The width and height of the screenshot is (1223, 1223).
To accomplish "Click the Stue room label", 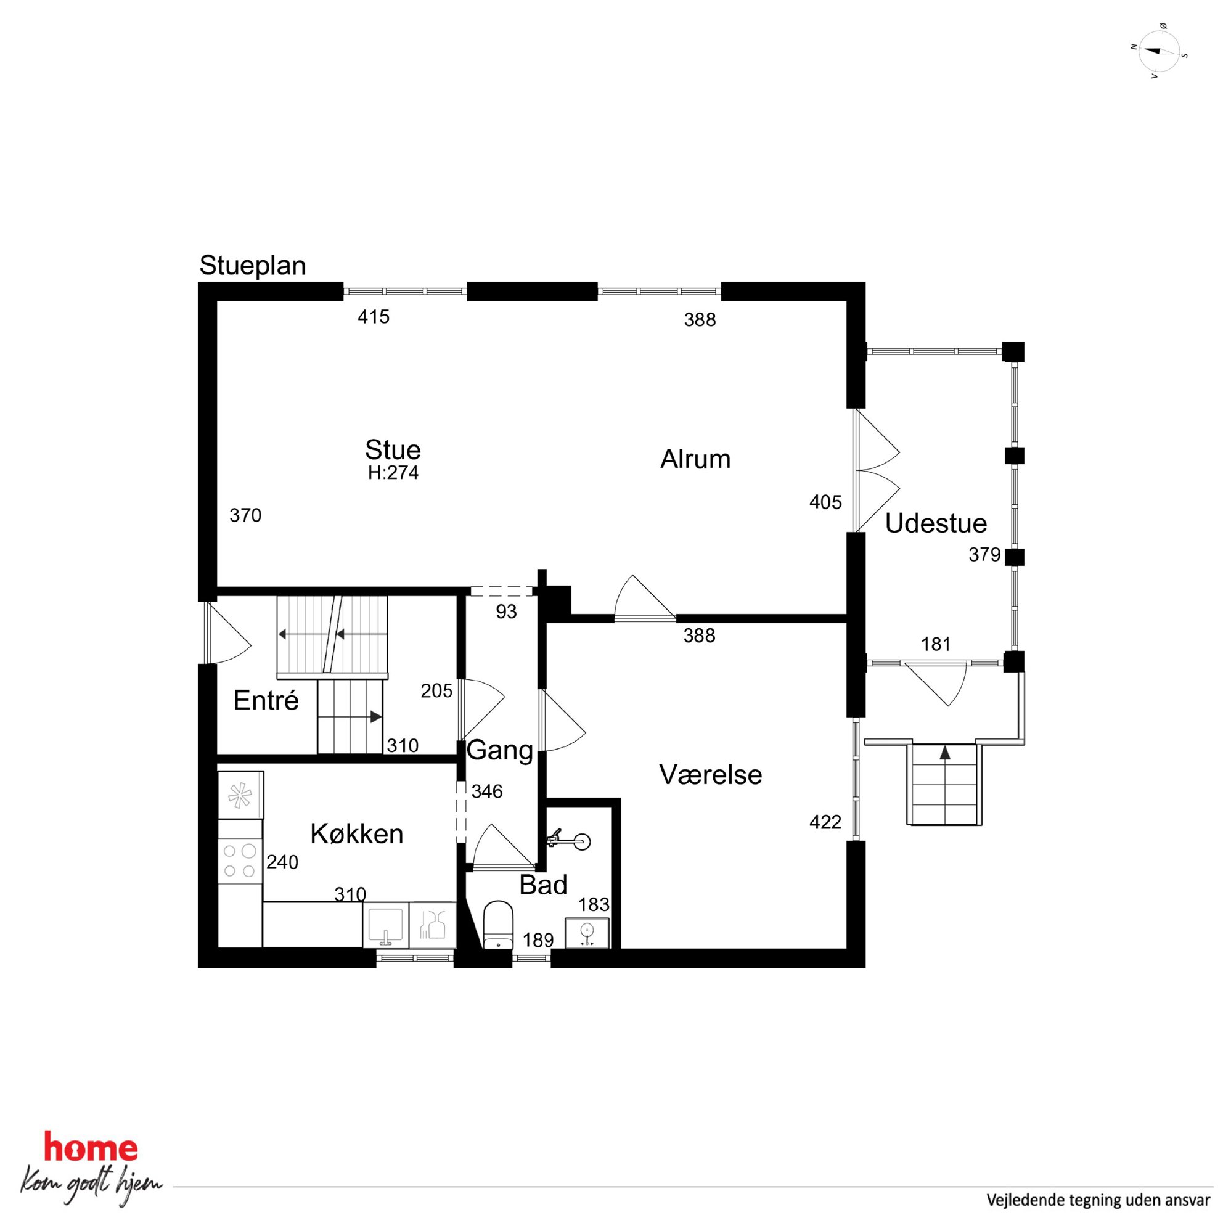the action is click(393, 450).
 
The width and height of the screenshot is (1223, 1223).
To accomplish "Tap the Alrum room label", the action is click(695, 459).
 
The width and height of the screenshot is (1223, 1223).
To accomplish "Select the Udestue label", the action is click(936, 523).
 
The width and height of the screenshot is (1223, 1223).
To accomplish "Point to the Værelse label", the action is click(710, 775).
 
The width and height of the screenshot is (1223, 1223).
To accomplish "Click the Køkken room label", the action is click(356, 834).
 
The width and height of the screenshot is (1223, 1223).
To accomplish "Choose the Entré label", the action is click(266, 700).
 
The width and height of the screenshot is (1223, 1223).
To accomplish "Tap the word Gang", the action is click(500, 751).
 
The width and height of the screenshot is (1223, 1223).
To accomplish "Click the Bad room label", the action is click(543, 885).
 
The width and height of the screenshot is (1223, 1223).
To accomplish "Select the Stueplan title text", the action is click(253, 266).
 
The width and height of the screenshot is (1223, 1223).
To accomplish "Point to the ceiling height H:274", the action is click(393, 473).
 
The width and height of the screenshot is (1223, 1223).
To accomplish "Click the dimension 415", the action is click(374, 316).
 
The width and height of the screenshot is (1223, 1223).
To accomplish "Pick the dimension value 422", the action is click(825, 822).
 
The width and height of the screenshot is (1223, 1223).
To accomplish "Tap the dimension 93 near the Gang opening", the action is click(507, 612).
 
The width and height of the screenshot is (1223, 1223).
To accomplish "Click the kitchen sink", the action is click(385, 925).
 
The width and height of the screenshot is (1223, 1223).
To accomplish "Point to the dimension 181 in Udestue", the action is click(936, 644).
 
